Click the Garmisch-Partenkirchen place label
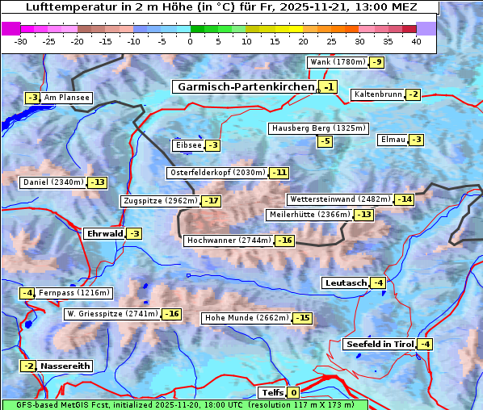click(245, 86)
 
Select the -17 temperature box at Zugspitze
click(212, 201)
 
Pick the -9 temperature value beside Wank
click(377, 62)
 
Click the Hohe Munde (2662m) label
click(246, 318)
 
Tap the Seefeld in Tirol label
click(379, 345)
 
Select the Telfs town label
click(272, 393)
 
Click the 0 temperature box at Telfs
click(292, 393)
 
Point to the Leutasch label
click(345, 282)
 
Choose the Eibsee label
click(188, 145)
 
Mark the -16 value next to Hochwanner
click(284, 241)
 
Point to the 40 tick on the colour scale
click(416, 41)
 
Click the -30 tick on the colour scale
click(21, 41)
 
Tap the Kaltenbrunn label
click(377, 94)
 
